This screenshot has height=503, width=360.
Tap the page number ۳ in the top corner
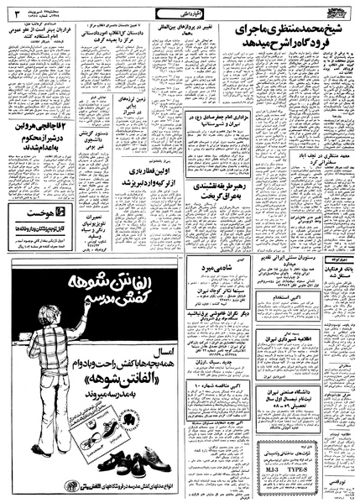click(16, 13)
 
